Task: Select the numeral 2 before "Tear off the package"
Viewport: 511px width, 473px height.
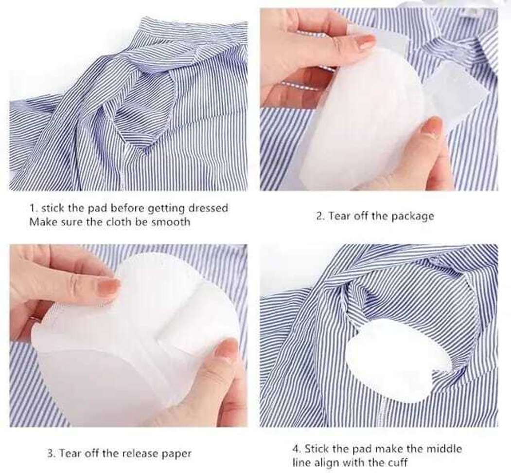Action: (319, 216)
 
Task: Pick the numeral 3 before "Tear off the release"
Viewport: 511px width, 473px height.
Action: (50, 454)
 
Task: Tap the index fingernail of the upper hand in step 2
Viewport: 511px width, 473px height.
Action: (366, 42)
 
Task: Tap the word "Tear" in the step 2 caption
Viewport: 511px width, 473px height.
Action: (338, 216)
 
